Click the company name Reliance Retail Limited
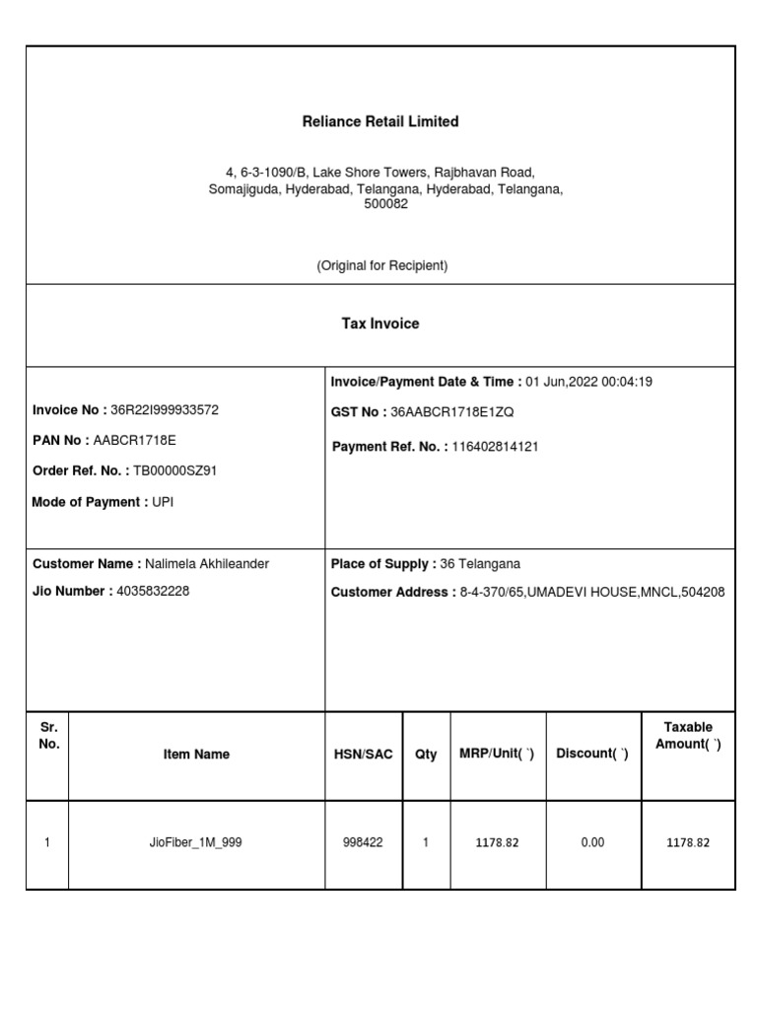pyautogui.click(x=379, y=121)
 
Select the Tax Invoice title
pyautogui.click(x=379, y=324)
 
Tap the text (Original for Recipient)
pyautogui.click(x=381, y=266)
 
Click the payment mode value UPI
pyautogui.click(x=164, y=502)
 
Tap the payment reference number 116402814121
pyautogui.click(x=495, y=447)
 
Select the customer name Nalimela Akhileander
pyautogui.click(x=207, y=564)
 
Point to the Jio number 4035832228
pyautogui.click(x=153, y=591)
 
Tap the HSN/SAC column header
pyautogui.click(x=363, y=755)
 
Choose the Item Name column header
pyautogui.click(x=196, y=755)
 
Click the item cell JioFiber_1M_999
pyautogui.click(x=196, y=842)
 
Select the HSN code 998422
pyautogui.click(x=363, y=842)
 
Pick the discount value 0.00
pyautogui.click(x=592, y=842)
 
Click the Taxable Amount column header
pyautogui.click(x=688, y=736)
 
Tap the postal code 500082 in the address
pyautogui.click(x=386, y=204)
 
